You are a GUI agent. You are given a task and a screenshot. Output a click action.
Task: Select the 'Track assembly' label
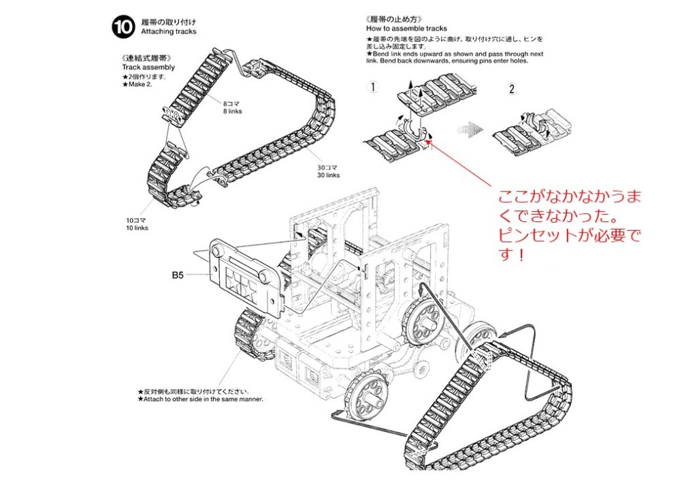point(148,67)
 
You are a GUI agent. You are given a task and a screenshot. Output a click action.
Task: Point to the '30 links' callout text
point(328,175)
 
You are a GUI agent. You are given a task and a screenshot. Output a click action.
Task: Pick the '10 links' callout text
point(136,228)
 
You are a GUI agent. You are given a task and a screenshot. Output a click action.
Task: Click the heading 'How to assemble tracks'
point(406,29)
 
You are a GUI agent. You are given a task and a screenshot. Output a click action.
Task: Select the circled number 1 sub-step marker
point(372,87)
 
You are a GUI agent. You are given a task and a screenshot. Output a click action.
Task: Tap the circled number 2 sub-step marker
point(513,89)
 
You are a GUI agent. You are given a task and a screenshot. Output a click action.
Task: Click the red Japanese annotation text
point(570,228)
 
